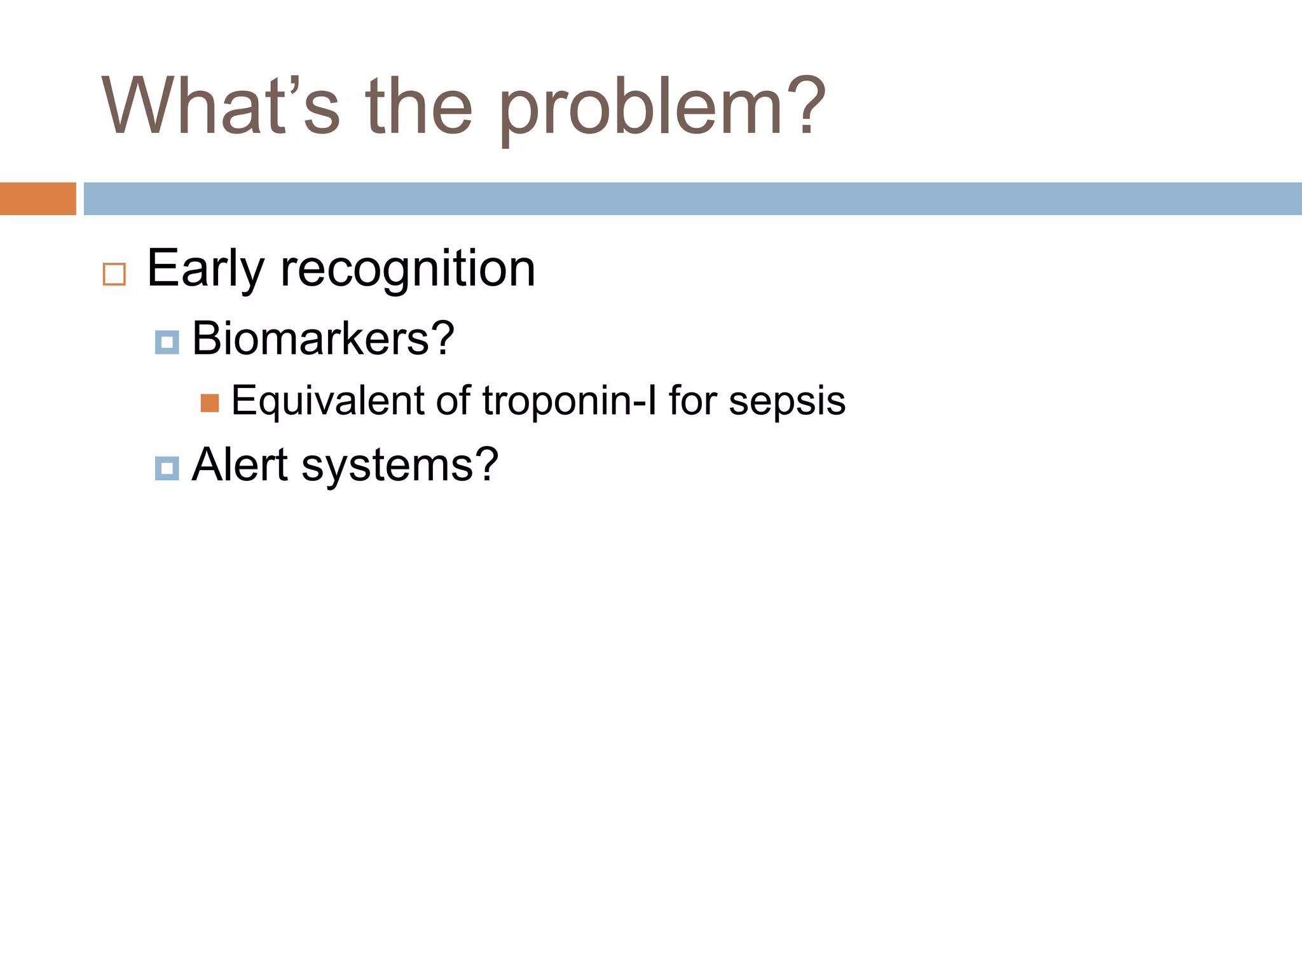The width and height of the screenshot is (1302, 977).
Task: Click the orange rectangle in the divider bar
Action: click(x=38, y=198)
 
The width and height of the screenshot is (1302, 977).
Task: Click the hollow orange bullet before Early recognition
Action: click(x=114, y=274)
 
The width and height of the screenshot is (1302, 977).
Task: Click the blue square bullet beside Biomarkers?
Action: click(x=167, y=342)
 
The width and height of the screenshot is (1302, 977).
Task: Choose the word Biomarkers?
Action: click(x=323, y=338)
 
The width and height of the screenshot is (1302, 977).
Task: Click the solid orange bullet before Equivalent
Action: click(x=210, y=403)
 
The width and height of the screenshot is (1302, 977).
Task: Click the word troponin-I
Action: click(x=569, y=401)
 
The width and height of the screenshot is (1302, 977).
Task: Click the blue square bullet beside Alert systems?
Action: click(x=167, y=469)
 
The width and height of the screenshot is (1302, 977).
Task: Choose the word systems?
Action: click(x=400, y=466)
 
